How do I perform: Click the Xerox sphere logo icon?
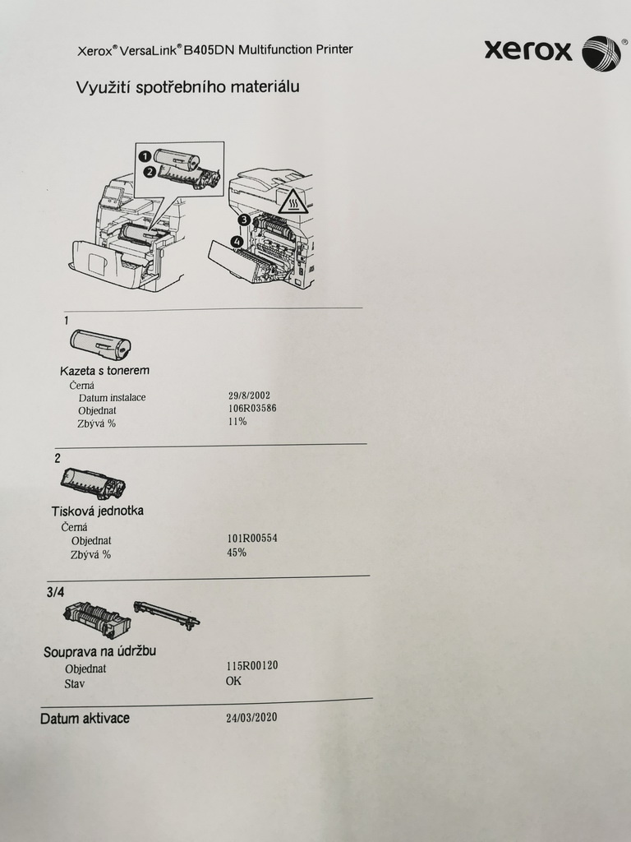pyautogui.click(x=601, y=53)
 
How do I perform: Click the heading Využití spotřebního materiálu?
pyautogui.click(x=187, y=87)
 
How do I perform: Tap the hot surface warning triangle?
pyautogui.click(x=293, y=200)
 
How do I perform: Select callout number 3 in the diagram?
pyautogui.click(x=245, y=220)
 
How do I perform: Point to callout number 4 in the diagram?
pyautogui.click(x=237, y=242)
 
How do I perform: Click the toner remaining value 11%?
pyautogui.click(x=237, y=422)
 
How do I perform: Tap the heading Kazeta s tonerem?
pyautogui.click(x=104, y=371)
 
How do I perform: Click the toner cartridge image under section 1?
pyautogui.click(x=100, y=343)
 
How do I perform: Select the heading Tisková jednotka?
pyautogui.click(x=98, y=511)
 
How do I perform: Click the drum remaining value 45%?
pyautogui.click(x=237, y=553)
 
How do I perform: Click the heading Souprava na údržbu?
pyautogui.click(x=99, y=652)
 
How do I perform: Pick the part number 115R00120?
pyautogui.click(x=252, y=667)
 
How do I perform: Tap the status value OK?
pyautogui.click(x=234, y=681)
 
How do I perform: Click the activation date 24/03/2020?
pyautogui.click(x=251, y=718)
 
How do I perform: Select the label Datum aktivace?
pyautogui.click(x=85, y=719)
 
